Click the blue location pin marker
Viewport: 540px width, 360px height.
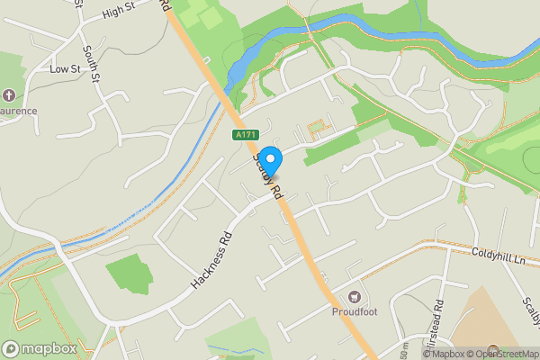coord(270,159)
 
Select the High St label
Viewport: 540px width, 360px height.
coord(118,11)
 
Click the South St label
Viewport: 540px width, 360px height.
coord(91,64)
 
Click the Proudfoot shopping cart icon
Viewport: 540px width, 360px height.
coord(355,297)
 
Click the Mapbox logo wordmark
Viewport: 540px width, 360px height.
coord(40,348)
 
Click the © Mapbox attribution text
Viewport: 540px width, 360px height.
coord(440,354)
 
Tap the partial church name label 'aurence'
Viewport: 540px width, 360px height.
coord(18,111)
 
